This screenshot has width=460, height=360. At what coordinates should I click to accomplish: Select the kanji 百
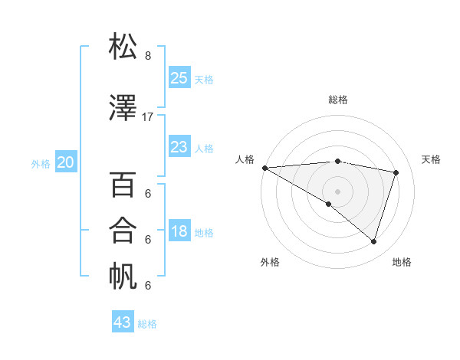pos(123,185)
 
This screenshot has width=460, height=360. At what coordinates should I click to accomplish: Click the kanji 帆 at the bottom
pos(123,277)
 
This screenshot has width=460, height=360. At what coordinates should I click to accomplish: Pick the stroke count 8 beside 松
pos(148,56)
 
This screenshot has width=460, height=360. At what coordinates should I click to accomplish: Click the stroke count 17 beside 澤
pos(148,117)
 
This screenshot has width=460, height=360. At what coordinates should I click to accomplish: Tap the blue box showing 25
pos(179,78)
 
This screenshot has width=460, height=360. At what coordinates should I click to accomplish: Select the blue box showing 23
pos(179,147)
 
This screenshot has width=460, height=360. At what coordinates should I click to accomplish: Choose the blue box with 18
pos(179,231)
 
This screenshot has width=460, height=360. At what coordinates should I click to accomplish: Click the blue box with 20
pos(66,162)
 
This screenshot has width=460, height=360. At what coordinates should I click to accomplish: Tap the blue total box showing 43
pos(123,322)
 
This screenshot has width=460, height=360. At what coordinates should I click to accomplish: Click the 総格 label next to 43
pos(148,324)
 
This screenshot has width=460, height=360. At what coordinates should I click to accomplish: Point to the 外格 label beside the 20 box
pos(41,163)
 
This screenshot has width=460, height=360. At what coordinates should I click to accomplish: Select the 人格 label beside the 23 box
pos(204,149)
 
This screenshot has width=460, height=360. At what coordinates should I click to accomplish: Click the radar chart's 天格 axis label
pos(431,159)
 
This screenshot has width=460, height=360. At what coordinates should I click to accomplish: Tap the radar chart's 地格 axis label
pos(402,262)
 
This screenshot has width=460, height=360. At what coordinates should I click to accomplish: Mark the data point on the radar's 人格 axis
pos(264,168)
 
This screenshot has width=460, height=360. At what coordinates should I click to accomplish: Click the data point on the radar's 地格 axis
pos(373,241)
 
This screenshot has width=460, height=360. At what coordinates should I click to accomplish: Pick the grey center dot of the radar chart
pos(337,190)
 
